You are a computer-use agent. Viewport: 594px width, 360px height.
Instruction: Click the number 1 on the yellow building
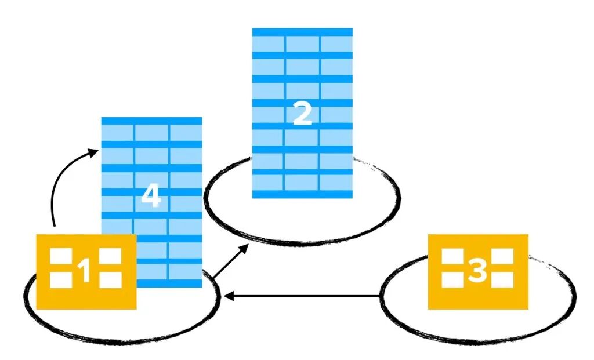(x=85, y=271)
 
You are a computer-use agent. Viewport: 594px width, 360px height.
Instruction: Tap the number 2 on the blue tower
(x=302, y=114)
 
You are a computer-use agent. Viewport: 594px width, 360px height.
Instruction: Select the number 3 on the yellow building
(x=477, y=270)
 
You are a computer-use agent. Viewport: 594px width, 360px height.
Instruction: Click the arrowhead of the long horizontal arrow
(x=229, y=296)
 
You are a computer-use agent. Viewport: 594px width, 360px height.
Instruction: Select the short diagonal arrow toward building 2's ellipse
(x=231, y=261)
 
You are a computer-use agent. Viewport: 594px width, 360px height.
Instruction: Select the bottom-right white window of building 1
(x=110, y=280)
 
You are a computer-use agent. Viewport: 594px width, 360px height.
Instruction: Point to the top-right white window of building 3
(x=502, y=256)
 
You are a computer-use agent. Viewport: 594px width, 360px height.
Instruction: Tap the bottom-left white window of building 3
(x=452, y=280)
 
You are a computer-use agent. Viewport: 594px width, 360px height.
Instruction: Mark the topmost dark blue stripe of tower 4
(x=151, y=121)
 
